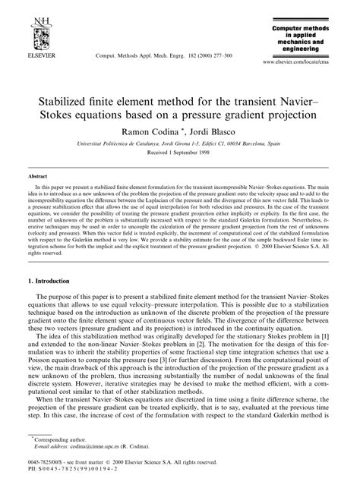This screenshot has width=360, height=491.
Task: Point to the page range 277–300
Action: tap(219, 55)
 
